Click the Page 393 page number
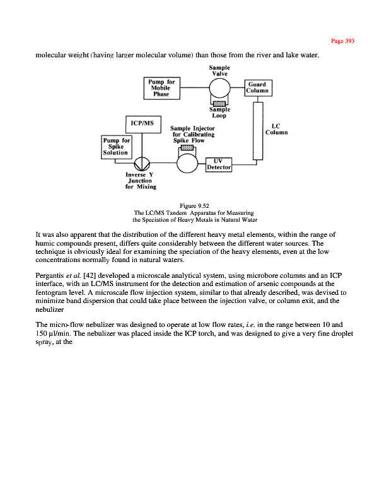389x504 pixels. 343,41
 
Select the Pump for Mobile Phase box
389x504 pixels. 163,88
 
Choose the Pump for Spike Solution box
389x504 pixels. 116,146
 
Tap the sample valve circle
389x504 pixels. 219,88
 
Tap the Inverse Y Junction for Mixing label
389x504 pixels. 141,181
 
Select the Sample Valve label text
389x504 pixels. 219,70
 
